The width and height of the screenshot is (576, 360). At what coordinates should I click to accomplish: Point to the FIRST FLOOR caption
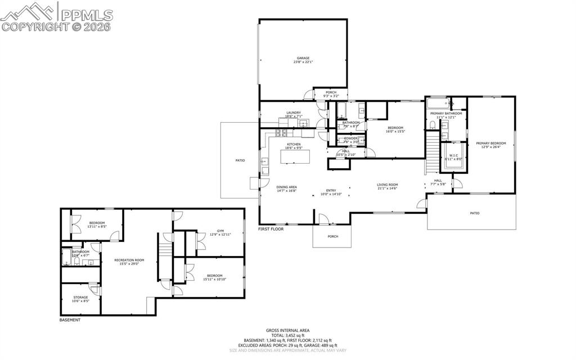[x=271, y=229]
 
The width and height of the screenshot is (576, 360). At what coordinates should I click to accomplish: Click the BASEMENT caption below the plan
[x=70, y=320]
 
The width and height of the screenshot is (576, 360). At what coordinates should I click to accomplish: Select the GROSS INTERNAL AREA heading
[x=287, y=331]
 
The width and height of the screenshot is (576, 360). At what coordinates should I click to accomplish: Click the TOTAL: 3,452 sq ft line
[x=287, y=335]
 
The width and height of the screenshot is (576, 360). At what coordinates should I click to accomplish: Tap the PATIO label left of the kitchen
[x=240, y=161]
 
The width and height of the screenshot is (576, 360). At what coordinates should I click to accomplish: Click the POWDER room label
[x=351, y=139]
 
